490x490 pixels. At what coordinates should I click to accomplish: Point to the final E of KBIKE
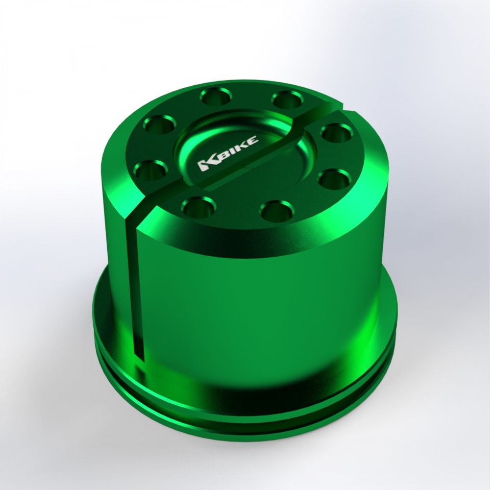tap(254, 141)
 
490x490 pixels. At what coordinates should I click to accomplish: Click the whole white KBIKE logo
tap(228, 153)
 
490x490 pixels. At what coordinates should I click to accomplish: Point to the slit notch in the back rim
tap(342, 109)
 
